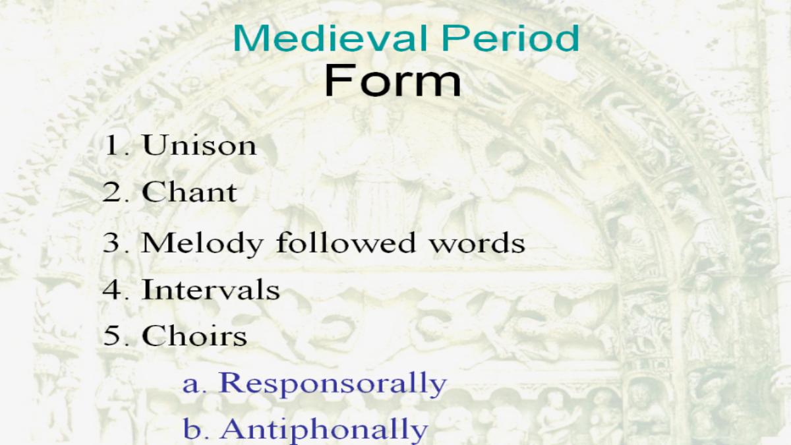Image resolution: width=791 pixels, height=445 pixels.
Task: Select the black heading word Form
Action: pyautogui.click(x=393, y=80)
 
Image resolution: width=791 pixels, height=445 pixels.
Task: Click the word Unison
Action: pyautogui.click(x=199, y=145)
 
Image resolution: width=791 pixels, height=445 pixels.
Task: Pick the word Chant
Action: pyautogui.click(x=189, y=193)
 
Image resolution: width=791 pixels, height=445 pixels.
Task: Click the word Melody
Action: pyautogui.click(x=202, y=244)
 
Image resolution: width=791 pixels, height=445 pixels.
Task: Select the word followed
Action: pyautogui.click(x=346, y=243)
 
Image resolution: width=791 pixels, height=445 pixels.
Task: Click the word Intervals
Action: pyautogui.click(x=211, y=289)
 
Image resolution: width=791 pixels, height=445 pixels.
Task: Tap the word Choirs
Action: pyautogui.click(x=194, y=336)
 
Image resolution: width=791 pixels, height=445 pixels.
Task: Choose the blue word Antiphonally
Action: pyautogui.click(x=325, y=429)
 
